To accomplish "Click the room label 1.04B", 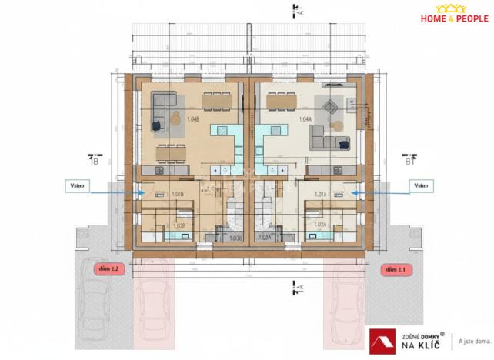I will click(193, 119).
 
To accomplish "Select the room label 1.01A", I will click(321, 194).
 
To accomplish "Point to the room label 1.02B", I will click(179, 225).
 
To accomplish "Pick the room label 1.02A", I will click(321, 225).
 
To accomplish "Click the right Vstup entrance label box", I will click(420, 185).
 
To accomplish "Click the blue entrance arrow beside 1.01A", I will click(376, 193).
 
